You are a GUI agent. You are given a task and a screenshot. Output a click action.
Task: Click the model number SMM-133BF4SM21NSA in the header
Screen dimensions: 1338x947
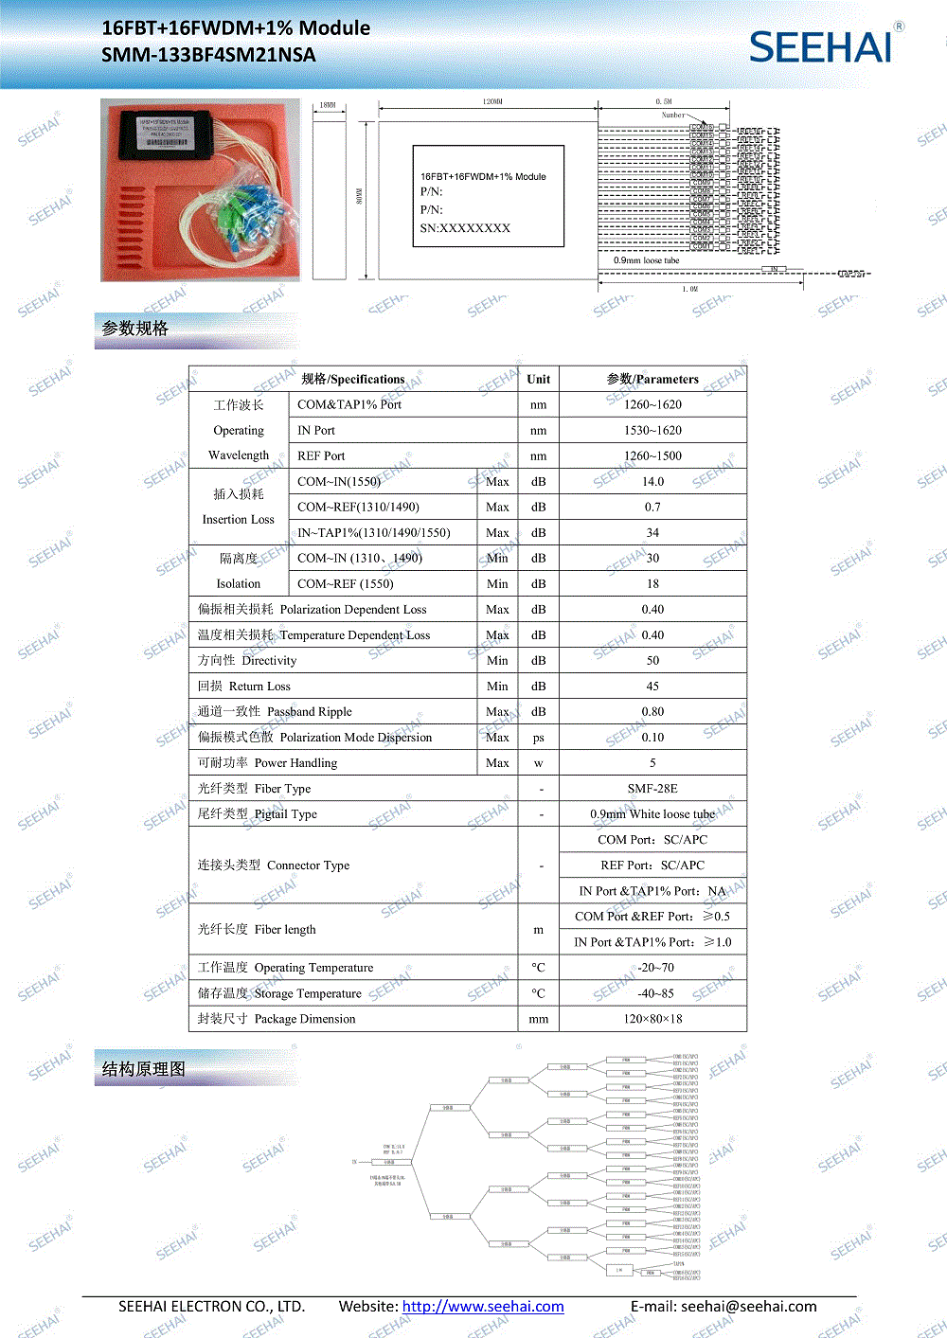pyautogui.click(x=208, y=55)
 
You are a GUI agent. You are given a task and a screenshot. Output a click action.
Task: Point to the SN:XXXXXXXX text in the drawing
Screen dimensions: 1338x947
pyautogui.click(x=465, y=228)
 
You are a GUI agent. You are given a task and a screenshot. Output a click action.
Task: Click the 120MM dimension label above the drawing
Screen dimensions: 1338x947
pyautogui.click(x=492, y=101)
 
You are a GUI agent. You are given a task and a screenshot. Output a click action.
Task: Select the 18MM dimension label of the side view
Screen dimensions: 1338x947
pyautogui.click(x=328, y=105)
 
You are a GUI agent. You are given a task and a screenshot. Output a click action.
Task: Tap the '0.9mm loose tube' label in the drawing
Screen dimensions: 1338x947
pyautogui.click(x=646, y=260)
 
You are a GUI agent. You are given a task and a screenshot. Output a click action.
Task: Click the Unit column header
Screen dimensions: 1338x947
pyautogui.click(x=538, y=379)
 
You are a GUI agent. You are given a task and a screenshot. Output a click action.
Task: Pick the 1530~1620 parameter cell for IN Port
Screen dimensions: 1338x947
pyautogui.click(x=652, y=430)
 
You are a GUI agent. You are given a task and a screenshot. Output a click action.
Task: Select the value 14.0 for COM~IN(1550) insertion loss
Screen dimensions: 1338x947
pyautogui.click(x=652, y=481)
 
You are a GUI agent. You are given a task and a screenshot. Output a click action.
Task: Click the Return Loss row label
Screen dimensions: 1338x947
pyautogui.click(x=244, y=687)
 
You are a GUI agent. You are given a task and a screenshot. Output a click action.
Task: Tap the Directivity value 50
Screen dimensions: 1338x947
pyautogui.click(x=652, y=661)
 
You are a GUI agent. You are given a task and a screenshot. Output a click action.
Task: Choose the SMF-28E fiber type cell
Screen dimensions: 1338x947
pyautogui.click(x=652, y=789)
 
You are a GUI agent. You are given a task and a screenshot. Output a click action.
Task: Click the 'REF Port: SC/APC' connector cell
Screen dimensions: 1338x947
pyautogui.click(x=652, y=865)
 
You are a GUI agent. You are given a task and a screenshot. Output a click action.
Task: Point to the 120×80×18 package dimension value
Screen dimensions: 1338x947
pyautogui.click(x=652, y=1019)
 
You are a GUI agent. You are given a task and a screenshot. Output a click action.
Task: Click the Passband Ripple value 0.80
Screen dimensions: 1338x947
pyautogui.click(x=652, y=712)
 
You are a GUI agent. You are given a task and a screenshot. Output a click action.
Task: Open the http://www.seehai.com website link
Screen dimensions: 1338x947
pyautogui.click(x=483, y=1307)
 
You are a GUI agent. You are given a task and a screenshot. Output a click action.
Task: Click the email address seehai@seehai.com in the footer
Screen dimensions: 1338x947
pyautogui.click(x=748, y=1307)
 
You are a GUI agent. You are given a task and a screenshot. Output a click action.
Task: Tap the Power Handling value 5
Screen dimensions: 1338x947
pyautogui.click(x=652, y=763)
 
